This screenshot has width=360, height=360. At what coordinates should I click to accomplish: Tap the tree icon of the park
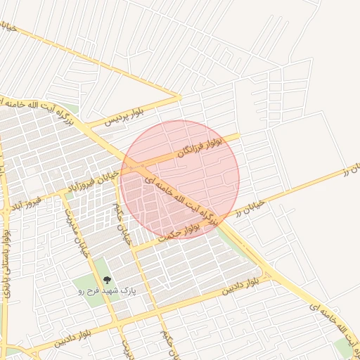pyautogui.click(x=107, y=280)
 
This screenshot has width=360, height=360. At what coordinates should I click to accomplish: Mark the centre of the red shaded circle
pyautogui.click(x=180, y=179)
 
